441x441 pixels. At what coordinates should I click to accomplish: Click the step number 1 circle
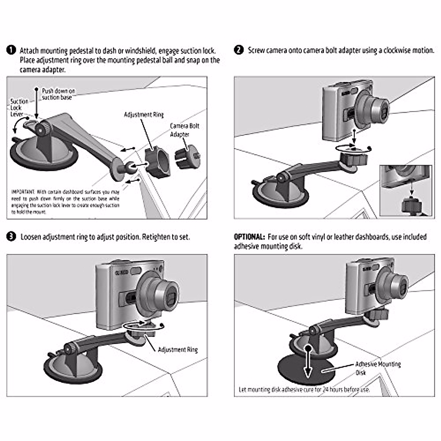pos(11,50)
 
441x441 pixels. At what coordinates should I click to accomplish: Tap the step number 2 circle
pos(239,50)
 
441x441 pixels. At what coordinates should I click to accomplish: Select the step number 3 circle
pos(11,237)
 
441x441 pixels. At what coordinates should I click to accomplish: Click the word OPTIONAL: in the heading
pos(249,237)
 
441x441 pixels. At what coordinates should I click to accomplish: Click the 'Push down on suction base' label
pos(58,94)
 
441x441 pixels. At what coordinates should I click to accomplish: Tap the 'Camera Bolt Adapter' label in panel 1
pos(184,130)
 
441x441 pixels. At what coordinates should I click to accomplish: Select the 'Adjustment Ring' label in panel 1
pos(144,115)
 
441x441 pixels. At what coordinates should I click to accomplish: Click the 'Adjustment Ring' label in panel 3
pos(178,349)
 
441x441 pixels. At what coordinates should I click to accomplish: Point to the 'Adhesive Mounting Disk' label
pos(377,368)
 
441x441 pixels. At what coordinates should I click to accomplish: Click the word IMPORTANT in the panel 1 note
pos(23,192)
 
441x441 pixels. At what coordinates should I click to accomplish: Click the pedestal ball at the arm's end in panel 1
pos(130,168)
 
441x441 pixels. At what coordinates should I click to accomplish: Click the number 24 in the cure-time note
pos(326,390)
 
